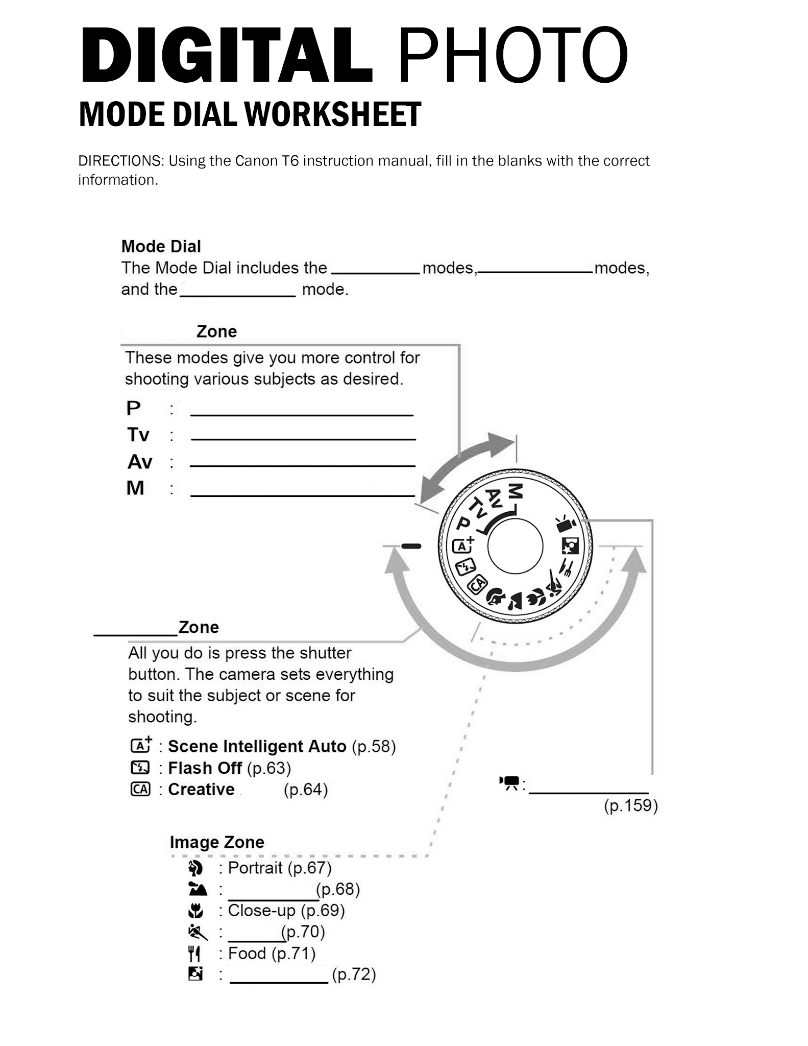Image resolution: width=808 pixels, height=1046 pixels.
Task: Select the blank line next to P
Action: (302, 414)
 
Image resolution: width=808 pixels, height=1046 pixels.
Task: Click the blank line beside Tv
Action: (303, 438)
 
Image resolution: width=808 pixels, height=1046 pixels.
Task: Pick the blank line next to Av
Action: (302, 465)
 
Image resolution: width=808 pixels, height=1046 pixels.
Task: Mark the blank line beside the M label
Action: (302, 494)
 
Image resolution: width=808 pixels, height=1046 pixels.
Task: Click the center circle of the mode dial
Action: (515, 546)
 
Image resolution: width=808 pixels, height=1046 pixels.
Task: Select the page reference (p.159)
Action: (631, 805)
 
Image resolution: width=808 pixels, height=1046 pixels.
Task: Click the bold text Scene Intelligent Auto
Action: (257, 746)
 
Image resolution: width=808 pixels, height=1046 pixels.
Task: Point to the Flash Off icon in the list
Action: (140, 768)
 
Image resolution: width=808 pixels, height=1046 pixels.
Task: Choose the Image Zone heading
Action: (217, 842)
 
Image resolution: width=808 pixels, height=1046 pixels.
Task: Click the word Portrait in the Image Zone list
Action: (255, 867)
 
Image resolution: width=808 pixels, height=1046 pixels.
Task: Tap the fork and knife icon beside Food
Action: (194, 953)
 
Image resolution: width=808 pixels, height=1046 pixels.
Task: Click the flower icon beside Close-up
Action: (195, 911)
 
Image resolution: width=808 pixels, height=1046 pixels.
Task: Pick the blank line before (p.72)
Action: (279, 982)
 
